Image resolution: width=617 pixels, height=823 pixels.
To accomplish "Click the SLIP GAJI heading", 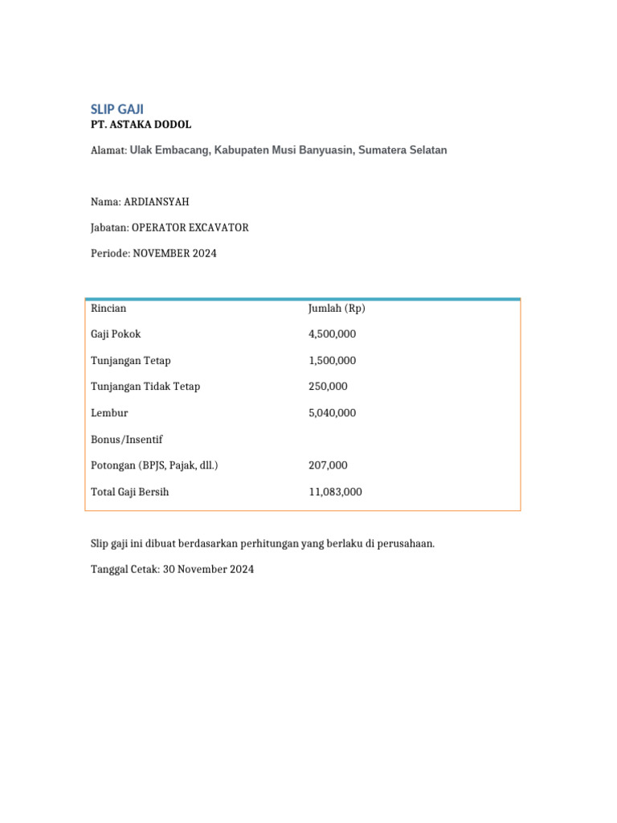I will tap(117, 109).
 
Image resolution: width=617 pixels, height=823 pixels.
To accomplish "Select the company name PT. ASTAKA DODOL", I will tap(141, 125).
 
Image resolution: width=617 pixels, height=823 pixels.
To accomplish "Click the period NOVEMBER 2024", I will tap(175, 253).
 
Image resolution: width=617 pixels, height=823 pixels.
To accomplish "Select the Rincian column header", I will tap(108, 308).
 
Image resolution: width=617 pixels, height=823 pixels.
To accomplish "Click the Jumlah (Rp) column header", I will tap(337, 308).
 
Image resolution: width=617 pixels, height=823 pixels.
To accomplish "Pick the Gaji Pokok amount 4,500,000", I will tap(333, 334).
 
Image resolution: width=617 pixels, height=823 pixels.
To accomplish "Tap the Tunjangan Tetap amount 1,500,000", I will tap(333, 360).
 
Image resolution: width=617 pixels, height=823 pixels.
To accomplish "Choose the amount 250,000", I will tap(328, 387).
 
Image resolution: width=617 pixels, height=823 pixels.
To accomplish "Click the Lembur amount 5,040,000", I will tap(333, 413).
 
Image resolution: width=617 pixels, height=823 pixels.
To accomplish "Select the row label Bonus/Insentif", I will tap(127, 439).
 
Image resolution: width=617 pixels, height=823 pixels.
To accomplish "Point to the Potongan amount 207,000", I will tap(328, 465).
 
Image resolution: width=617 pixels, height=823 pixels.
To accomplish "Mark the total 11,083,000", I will tap(335, 492).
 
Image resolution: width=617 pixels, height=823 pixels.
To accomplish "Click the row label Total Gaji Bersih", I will tap(130, 492).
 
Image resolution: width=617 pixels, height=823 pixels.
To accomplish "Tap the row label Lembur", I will tap(109, 413).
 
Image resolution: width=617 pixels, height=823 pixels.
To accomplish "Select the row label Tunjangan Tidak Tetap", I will tap(145, 387).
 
